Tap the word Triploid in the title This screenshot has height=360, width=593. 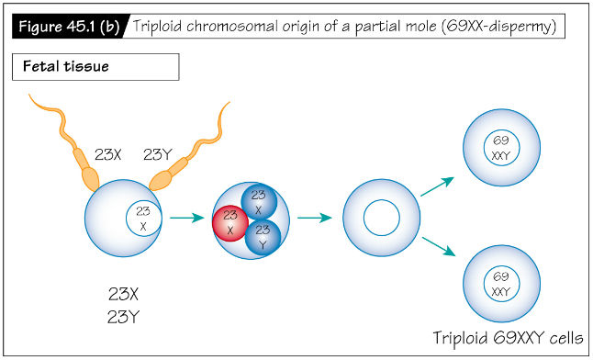pyautogui.click(x=162, y=25)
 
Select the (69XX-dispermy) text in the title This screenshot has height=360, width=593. pyautogui.click(x=497, y=25)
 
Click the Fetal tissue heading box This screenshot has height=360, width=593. pyautogui.click(x=95, y=67)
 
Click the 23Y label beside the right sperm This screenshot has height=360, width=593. pyautogui.click(x=159, y=154)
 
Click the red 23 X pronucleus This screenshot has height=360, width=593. pyautogui.click(x=230, y=222)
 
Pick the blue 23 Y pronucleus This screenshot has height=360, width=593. pyautogui.click(x=263, y=236)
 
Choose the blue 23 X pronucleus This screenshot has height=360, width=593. pyautogui.click(x=259, y=202)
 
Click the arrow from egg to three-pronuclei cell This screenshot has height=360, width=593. pyautogui.click(x=187, y=219)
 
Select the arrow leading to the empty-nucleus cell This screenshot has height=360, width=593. pyautogui.click(x=315, y=219)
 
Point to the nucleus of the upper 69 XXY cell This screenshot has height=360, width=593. pyautogui.click(x=501, y=148)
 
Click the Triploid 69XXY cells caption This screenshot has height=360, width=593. pyautogui.click(x=509, y=337)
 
